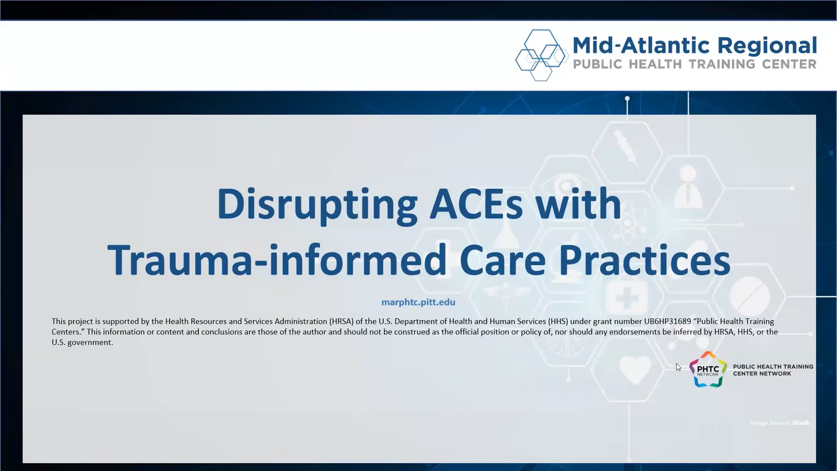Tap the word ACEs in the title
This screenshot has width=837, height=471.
476,204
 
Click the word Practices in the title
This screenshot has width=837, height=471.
644,260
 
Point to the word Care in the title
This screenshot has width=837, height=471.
502,260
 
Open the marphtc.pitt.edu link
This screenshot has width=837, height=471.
418,302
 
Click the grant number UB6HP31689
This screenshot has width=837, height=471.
667,321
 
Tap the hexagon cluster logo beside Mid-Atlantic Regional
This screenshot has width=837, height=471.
541,55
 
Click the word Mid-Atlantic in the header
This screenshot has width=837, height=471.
641,46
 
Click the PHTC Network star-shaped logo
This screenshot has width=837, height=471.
708,370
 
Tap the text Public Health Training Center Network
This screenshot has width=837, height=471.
772,370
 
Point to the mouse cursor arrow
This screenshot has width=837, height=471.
678,367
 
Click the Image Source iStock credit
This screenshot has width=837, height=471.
779,423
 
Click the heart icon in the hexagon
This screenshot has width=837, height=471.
635,370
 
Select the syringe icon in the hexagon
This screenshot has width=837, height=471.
626,149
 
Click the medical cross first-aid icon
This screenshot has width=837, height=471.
626,298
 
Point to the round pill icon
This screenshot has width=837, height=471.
749,297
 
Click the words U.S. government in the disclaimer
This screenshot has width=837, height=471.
82,342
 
